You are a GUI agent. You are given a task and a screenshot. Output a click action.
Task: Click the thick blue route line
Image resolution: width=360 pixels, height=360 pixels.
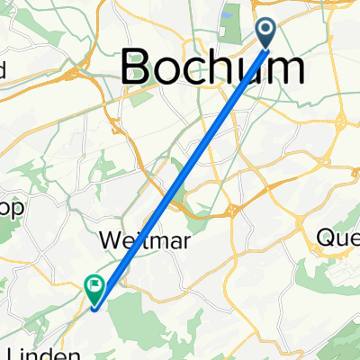(x=180, y=171)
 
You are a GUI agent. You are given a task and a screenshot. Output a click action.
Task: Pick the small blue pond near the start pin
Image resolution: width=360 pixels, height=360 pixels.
(x=224, y=14)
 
